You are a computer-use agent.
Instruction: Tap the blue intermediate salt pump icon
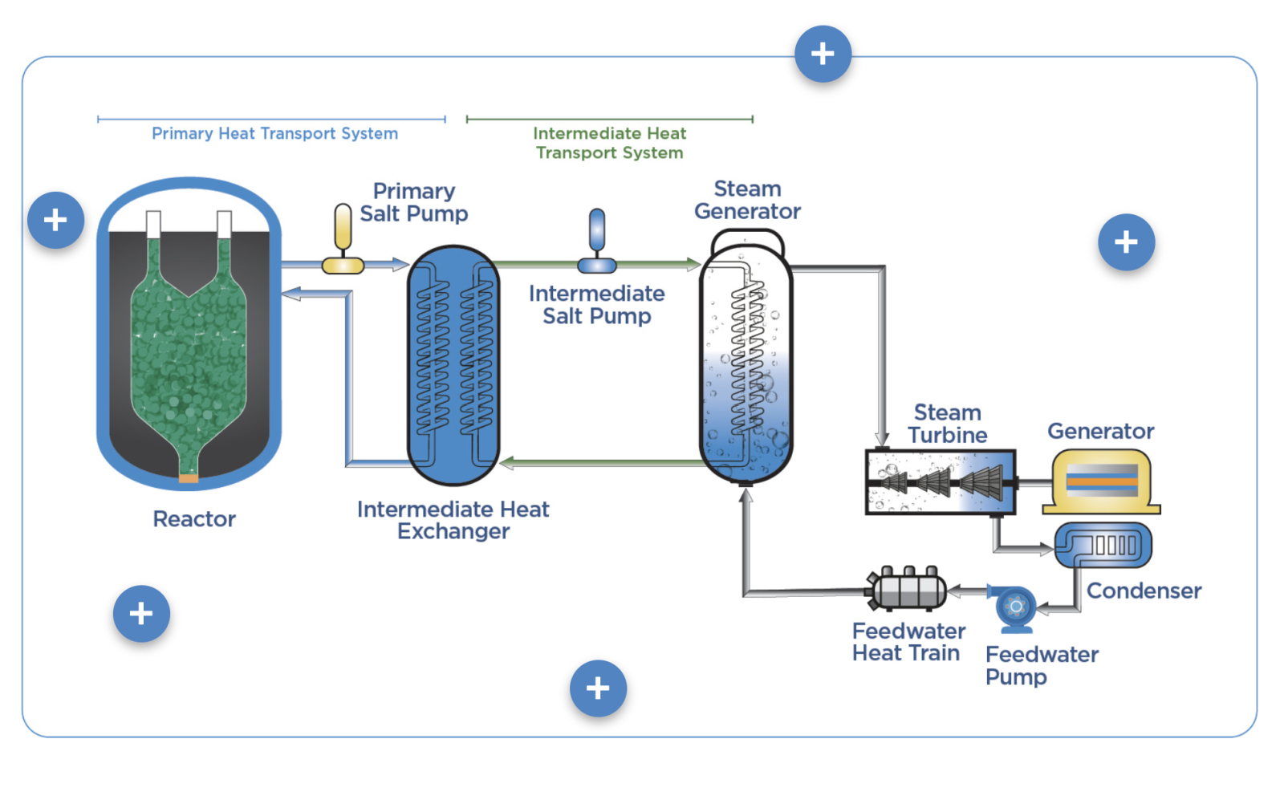pos(597,241)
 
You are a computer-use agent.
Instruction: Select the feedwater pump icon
pos(1014,608)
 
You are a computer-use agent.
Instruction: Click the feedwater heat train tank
pos(906,588)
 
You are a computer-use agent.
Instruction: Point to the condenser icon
pos(1103,545)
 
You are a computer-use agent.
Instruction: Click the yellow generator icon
pos(1101,481)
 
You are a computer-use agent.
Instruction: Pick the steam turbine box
pos(940,482)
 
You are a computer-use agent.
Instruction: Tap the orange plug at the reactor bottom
pos(189,478)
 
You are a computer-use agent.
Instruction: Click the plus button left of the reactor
pos(55,220)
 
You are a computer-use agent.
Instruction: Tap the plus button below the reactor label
pos(141,614)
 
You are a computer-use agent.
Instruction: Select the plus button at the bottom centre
pos(598,688)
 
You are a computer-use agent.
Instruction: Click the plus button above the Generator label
pos(1127,242)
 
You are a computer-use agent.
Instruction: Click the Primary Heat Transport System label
pos(274,133)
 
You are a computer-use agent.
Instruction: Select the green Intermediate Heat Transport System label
pos(609,143)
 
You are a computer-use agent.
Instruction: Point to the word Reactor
pos(194,519)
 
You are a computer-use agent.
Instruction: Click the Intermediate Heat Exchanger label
pos(453,520)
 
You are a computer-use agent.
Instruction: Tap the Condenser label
pos(1144,591)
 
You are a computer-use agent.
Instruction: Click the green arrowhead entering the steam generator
pos(693,264)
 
